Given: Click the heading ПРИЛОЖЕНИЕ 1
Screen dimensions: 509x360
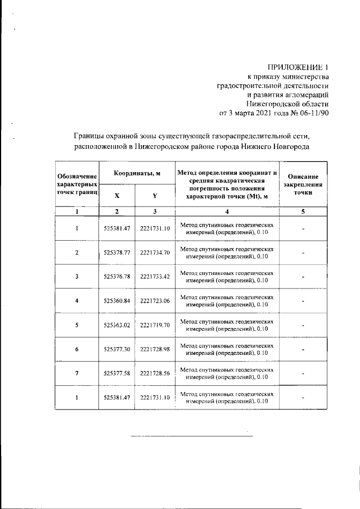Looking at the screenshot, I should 295,67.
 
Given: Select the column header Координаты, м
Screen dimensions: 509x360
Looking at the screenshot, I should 137,173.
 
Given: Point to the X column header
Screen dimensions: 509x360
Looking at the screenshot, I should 116,196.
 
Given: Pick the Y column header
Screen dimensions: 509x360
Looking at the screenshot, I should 155,196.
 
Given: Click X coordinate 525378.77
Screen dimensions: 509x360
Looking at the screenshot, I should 117,252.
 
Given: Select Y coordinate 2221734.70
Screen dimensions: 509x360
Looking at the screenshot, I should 155,252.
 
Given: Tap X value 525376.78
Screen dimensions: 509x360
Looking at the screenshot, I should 117,276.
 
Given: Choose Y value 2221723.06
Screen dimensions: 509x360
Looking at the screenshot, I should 155,300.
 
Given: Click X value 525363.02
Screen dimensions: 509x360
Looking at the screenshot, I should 117,325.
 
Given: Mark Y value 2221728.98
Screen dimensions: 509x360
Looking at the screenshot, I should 155,349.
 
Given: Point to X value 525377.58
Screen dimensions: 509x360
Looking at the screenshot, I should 117,373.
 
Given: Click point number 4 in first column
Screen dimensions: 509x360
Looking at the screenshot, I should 76,300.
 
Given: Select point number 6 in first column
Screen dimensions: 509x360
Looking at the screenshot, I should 76,349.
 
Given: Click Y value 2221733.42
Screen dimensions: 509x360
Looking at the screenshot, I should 155,276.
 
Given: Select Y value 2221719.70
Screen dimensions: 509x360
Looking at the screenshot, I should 155,325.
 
